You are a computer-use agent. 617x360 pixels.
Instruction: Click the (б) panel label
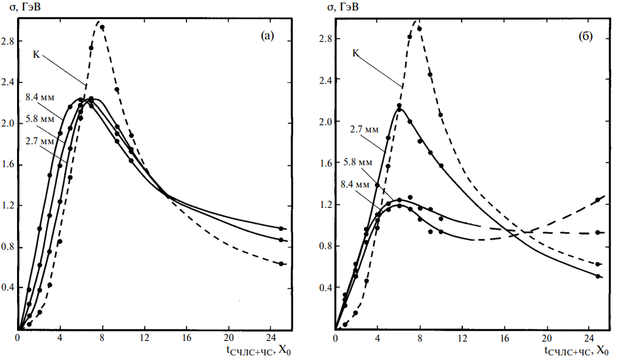(586, 37)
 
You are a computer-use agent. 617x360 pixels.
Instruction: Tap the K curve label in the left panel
(37, 54)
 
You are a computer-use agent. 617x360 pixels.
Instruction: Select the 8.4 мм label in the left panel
(39, 97)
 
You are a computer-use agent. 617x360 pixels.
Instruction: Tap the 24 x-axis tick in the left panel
(270, 338)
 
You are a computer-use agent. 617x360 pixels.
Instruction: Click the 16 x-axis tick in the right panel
(504, 338)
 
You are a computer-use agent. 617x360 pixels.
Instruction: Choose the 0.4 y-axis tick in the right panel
(326, 288)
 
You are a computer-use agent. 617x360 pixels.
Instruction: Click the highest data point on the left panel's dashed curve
(102, 28)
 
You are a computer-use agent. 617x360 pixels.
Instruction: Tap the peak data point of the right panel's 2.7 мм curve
(399, 106)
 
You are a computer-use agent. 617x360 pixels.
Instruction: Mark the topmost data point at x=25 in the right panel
(597, 200)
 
